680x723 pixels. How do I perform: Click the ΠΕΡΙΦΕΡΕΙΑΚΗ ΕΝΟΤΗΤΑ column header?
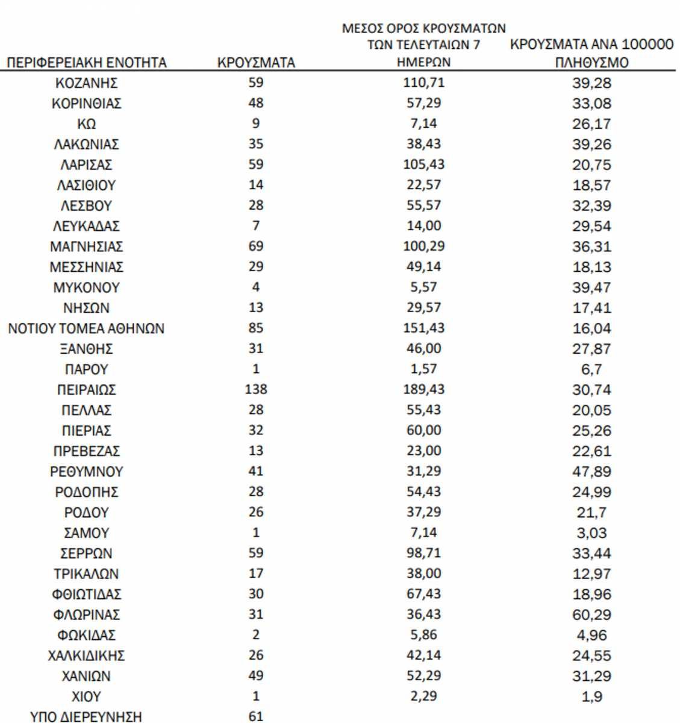click(87, 63)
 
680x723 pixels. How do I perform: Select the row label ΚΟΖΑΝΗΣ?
click(87, 83)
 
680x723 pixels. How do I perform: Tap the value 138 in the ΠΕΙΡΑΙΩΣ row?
click(256, 389)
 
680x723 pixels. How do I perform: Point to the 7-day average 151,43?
click(423, 328)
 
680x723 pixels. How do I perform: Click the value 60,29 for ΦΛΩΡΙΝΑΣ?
click(591, 615)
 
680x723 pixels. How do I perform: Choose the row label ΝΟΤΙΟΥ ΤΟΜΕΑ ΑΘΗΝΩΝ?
click(87, 329)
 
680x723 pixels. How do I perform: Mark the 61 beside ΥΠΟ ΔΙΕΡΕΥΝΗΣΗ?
click(256, 716)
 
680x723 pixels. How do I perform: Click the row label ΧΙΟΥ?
click(87, 697)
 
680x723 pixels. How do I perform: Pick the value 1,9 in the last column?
click(591, 697)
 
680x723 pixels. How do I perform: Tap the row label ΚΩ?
click(87, 124)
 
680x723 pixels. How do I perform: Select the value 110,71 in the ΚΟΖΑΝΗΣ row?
click(423, 82)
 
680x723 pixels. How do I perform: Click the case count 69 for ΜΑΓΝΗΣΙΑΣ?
click(256, 246)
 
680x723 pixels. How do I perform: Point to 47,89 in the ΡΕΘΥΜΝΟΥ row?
click(591, 472)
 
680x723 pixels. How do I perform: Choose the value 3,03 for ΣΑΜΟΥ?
click(591, 533)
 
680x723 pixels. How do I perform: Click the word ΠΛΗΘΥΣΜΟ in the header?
click(592, 63)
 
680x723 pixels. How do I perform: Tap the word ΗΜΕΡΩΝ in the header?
click(423, 62)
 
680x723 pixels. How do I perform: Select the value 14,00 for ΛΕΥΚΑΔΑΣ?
click(423, 225)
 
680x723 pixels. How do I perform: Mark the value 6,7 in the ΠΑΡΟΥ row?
click(591, 369)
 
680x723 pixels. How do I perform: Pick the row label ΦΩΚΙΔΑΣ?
click(87, 636)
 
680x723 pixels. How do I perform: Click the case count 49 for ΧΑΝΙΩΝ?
click(256, 675)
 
